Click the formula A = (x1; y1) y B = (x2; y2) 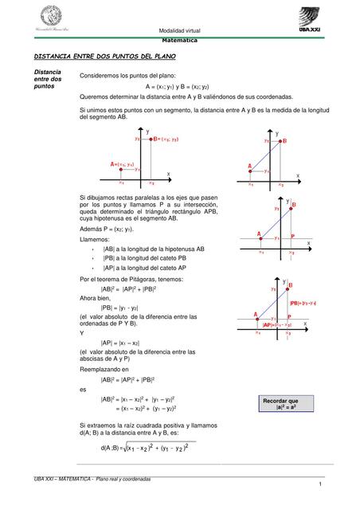click(188, 85)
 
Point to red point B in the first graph click(149, 138)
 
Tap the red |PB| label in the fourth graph click(303, 303)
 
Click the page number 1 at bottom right click(317, 485)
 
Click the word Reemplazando click(100, 370)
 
